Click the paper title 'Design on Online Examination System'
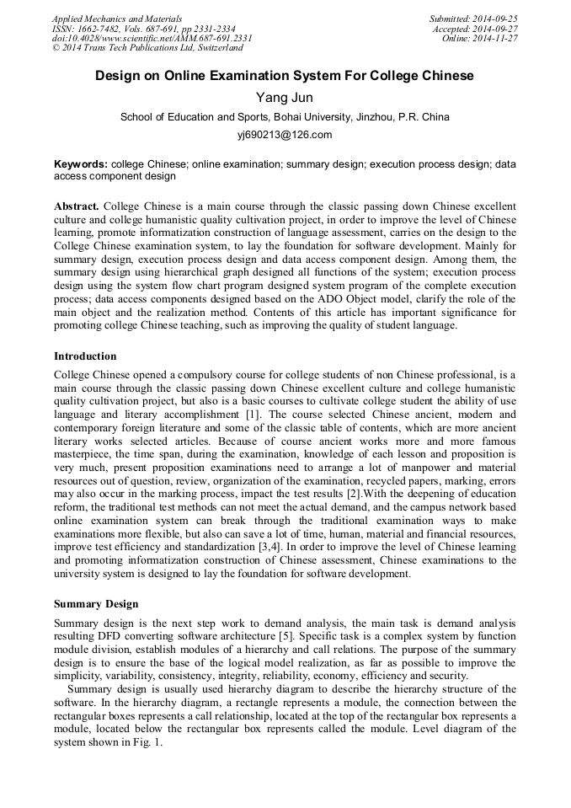coord(284,76)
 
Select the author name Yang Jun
coord(284,99)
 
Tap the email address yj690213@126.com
coord(285,135)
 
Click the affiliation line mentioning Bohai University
coord(285,117)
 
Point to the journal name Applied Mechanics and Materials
coord(117,19)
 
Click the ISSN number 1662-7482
coord(103,29)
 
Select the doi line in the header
coord(152,39)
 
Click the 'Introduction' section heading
coord(85,356)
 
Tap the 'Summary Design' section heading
coord(96,604)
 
